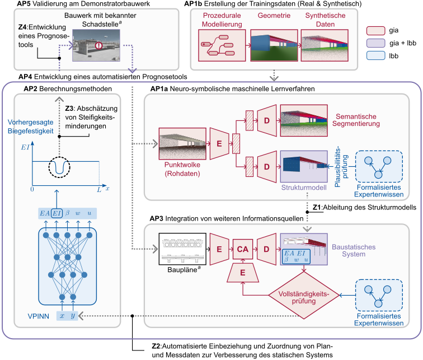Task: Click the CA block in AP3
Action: click(x=242, y=248)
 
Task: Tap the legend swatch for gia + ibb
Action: click(x=376, y=43)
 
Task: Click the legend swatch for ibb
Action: click(x=376, y=56)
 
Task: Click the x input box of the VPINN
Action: click(x=63, y=316)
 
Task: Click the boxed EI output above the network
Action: click(x=57, y=213)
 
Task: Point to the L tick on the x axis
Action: click(x=100, y=190)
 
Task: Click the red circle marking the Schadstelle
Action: click(x=97, y=45)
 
